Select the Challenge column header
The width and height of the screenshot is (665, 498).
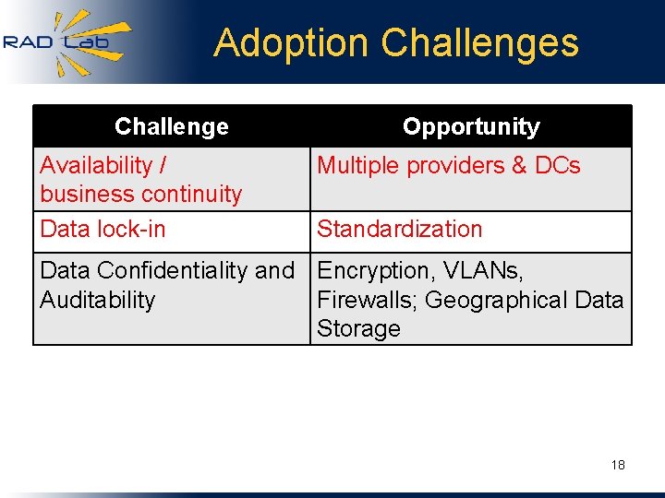point(172,126)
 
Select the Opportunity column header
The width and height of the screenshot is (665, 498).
point(471,126)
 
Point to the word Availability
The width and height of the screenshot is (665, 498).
point(96,166)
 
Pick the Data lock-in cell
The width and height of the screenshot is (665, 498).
point(103,230)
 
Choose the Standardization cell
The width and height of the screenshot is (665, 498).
point(400,230)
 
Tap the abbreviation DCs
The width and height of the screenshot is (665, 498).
point(558,166)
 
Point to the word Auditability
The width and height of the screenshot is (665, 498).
point(98,300)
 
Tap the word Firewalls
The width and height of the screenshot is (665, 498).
point(367,300)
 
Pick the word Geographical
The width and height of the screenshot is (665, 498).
point(491,300)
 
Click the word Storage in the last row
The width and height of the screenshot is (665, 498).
point(358,328)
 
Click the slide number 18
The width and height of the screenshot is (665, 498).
point(618,465)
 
